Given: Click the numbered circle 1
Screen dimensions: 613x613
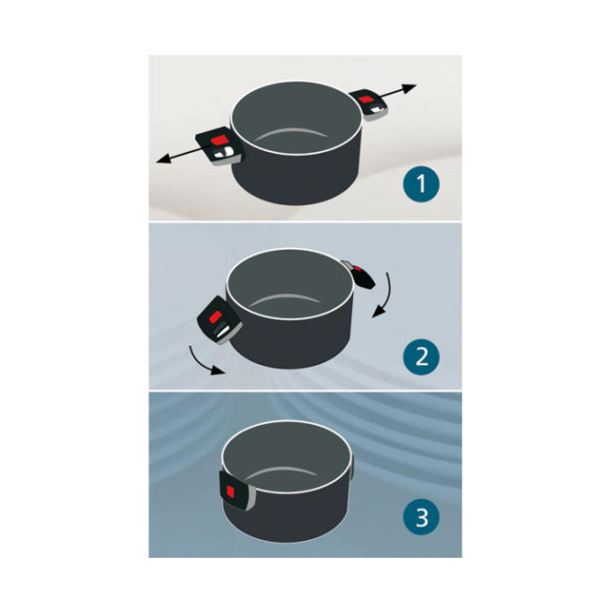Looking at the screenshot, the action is [x=421, y=184].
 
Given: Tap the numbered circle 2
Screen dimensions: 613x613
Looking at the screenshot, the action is [x=421, y=356].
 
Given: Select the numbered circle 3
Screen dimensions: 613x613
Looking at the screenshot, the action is [x=421, y=518].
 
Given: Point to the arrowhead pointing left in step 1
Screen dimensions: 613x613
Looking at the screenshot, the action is [x=163, y=159].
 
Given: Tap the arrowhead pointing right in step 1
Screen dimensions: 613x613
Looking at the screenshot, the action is [x=410, y=88].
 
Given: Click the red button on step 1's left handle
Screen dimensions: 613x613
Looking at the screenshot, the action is [x=218, y=140].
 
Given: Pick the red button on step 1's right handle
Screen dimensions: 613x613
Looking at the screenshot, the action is [x=365, y=99].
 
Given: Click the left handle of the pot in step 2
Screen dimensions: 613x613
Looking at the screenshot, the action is [x=219, y=321].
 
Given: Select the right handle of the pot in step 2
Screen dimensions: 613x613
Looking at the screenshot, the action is [x=358, y=274].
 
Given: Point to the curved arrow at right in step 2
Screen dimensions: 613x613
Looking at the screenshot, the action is [x=384, y=296].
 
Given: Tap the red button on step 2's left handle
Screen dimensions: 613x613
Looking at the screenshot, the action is [x=215, y=317].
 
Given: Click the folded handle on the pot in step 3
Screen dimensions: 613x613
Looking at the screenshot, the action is [x=237, y=490].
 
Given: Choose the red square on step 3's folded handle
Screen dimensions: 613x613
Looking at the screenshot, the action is [x=230, y=490].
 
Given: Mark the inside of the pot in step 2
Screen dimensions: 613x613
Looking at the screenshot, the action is [x=290, y=285].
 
